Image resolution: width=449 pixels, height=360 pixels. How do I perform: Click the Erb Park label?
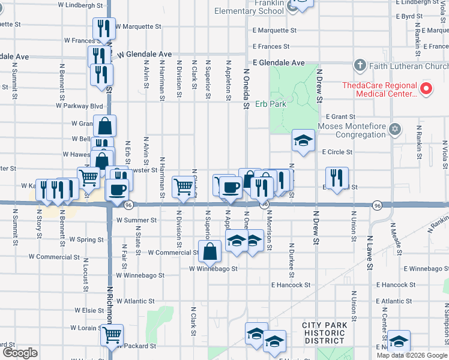pos(270,104)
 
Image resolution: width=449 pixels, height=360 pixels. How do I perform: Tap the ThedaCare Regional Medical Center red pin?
pos(426,89)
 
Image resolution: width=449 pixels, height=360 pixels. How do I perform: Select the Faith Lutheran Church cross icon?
pos(360,65)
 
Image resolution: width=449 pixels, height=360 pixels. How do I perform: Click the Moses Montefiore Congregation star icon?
pos(394,129)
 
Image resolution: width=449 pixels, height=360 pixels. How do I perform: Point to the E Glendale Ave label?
pos(279,62)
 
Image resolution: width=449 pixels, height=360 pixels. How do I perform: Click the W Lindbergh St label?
pos(80,5)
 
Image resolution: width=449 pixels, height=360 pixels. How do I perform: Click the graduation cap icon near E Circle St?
pos(304,141)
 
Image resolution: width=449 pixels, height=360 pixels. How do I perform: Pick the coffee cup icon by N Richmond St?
pos(117,189)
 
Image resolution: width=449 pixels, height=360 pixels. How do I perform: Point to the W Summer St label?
pos(136,220)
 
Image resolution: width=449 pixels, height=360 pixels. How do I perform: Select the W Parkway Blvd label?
pos(80,106)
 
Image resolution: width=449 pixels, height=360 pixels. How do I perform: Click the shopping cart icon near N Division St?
pos(183,186)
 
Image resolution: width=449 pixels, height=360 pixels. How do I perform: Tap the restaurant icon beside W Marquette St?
pos(103,28)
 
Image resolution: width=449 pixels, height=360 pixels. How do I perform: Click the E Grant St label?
pos(340,117)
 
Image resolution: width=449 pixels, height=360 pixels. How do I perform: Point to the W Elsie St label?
pos(89,311)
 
